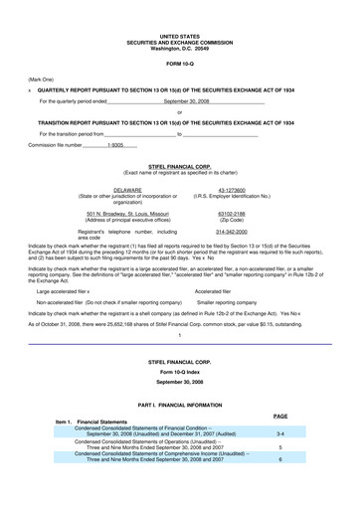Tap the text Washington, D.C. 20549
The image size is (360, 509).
click(x=179, y=47)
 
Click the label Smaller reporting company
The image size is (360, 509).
click(x=227, y=299)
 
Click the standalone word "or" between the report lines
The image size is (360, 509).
click(x=179, y=111)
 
